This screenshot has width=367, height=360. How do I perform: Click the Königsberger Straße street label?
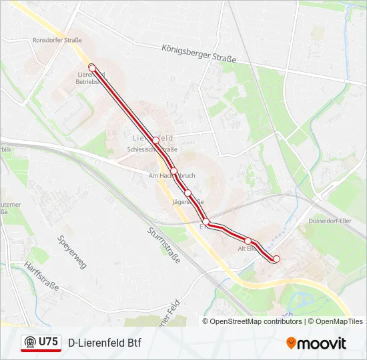coord(199,54)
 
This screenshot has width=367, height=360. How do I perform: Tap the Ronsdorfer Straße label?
coord(57,40)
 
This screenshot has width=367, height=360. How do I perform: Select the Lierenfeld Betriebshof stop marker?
coord(92,67)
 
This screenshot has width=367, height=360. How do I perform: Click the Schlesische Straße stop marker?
coord(155,141)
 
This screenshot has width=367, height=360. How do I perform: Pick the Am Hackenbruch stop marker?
coord(173,171)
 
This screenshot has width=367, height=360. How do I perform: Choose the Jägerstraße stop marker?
coord(188,193)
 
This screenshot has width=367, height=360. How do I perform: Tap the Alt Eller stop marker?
coord(248,241)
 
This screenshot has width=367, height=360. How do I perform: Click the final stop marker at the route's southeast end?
coord(276,259)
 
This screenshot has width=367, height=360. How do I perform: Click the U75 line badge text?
coord(49,342)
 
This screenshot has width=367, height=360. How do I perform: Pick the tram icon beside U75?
coord(30,342)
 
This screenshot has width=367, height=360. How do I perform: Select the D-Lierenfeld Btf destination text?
coord(105,343)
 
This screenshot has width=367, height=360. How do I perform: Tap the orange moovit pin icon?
coord(291,343)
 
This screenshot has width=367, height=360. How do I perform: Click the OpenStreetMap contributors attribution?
coord(256,321)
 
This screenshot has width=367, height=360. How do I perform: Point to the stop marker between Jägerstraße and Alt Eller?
coord(206,221)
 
